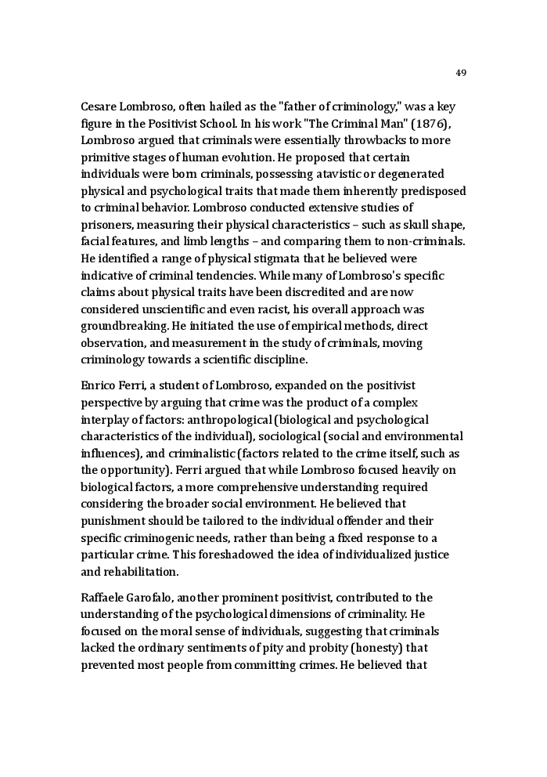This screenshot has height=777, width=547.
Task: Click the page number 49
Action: coord(460,73)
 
